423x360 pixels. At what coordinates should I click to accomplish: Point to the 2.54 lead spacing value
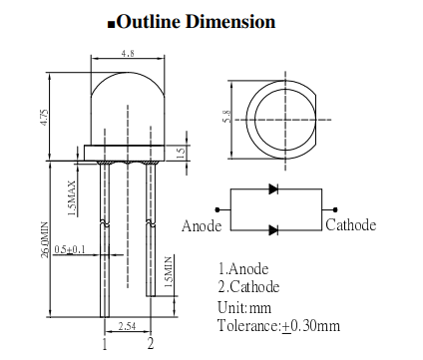127,325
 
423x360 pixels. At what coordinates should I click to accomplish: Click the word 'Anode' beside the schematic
203,226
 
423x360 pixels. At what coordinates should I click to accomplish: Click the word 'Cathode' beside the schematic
351,225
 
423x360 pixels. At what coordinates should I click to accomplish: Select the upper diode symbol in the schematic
275,188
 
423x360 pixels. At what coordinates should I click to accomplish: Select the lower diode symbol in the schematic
275,229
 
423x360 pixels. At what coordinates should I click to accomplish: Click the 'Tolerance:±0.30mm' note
278,325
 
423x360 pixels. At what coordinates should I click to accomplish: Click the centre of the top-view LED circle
283,118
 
